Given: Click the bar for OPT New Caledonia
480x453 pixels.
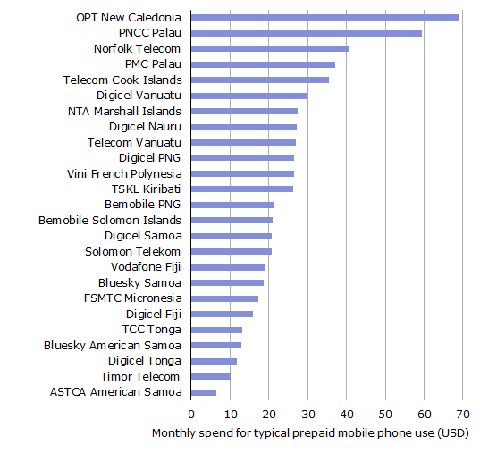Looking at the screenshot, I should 324,17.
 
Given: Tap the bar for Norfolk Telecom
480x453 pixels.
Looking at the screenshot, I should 270,48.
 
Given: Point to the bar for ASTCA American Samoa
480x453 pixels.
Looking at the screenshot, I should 204,392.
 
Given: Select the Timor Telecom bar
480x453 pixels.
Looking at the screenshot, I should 211,376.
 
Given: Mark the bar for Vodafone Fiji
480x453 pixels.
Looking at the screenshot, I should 228,267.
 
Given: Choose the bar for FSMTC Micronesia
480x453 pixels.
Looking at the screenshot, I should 224,298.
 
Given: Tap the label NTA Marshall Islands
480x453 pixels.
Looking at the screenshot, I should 124,111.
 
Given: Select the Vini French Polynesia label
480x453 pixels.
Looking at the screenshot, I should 124,173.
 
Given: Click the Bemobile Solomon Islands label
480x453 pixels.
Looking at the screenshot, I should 110,220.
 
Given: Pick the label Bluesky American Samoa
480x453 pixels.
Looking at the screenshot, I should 113,345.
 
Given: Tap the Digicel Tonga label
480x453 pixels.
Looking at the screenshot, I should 145,361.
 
